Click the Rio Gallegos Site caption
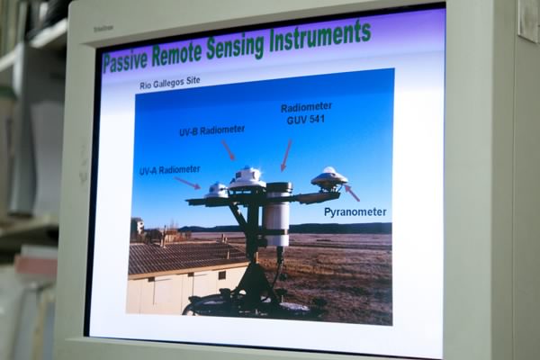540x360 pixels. click(170, 83)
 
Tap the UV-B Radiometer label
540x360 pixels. click(211, 130)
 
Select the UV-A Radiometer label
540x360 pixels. click(170, 170)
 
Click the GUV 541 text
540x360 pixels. click(306, 120)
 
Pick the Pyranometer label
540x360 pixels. click(355, 211)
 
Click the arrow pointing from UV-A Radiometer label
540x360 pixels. click(188, 183)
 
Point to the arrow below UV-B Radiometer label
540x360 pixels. click(229, 150)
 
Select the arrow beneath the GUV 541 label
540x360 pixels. click(286, 155)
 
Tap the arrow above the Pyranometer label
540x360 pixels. click(352, 193)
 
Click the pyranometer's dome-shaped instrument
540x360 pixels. click(329, 178)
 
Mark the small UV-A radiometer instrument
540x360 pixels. click(217, 190)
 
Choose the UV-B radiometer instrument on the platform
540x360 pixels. click(247, 178)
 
